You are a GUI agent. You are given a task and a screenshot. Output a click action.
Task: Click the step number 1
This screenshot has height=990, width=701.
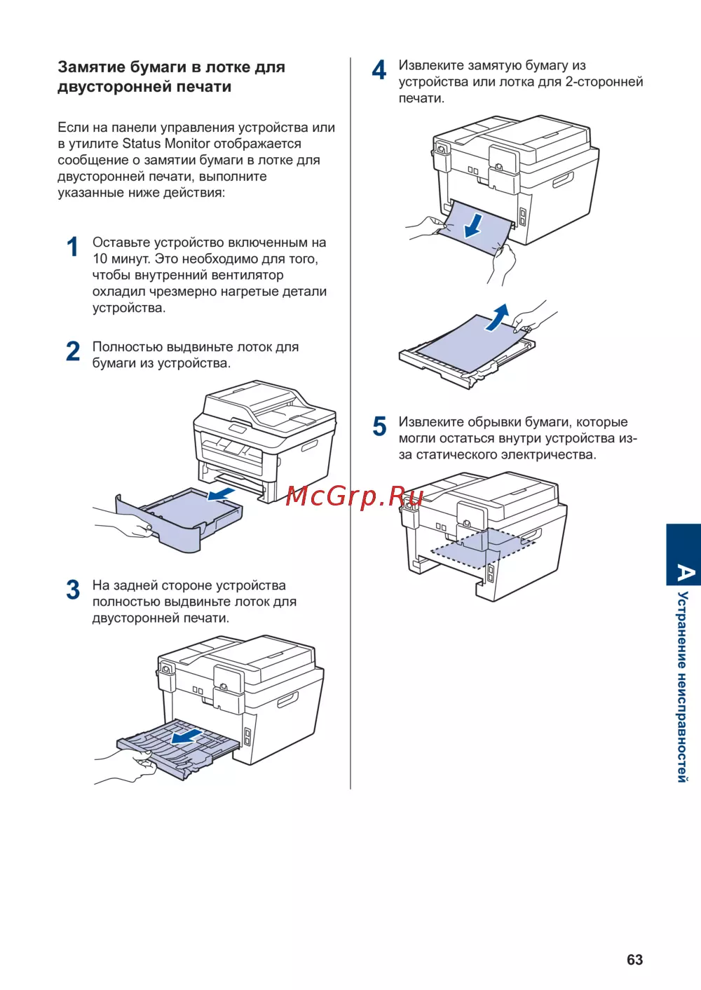(73, 247)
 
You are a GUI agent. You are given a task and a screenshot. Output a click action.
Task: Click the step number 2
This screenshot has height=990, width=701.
(73, 351)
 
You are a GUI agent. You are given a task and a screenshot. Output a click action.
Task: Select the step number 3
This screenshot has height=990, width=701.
(73, 590)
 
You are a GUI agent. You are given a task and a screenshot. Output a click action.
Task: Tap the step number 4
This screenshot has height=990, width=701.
(379, 70)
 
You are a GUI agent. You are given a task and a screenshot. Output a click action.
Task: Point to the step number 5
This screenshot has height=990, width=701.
(379, 426)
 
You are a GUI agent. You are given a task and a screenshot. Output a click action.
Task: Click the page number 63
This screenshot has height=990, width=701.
(634, 960)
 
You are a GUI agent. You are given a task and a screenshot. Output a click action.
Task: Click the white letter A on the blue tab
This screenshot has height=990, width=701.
(685, 573)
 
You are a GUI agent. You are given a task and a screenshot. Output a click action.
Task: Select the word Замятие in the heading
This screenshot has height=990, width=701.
(92, 67)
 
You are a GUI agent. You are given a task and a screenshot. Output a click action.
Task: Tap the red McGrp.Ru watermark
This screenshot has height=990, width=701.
(355, 496)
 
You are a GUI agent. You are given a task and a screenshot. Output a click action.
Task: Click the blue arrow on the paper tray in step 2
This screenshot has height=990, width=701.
(221, 496)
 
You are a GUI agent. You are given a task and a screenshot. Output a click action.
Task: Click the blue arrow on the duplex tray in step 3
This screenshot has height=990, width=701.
(187, 737)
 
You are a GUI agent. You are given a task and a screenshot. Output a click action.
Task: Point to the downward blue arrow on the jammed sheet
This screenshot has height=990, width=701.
(474, 226)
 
